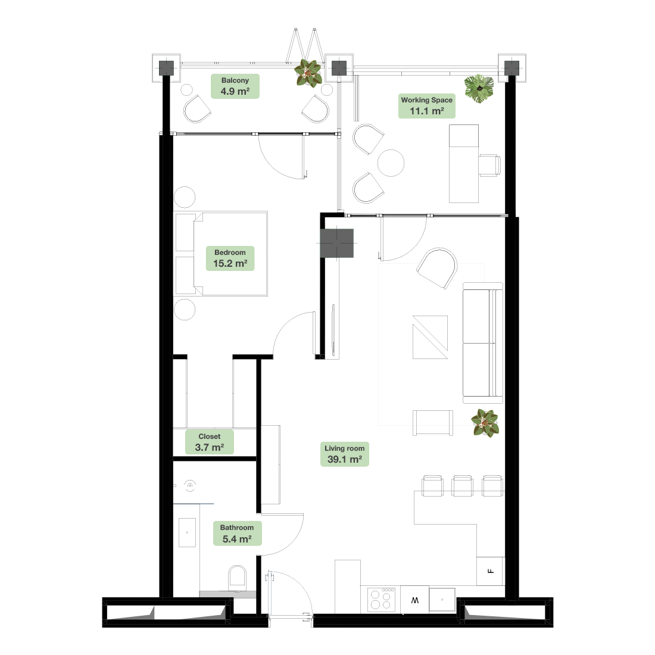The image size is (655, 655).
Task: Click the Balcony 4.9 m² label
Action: point(235,86)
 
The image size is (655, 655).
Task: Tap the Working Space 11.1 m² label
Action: point(426,105)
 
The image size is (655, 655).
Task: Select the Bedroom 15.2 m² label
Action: point(230,258)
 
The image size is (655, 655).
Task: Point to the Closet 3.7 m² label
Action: point(209,442)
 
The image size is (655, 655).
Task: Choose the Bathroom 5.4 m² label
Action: point(237,534)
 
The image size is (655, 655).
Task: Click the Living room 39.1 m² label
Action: point(345,454)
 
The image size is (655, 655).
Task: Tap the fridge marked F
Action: point(491,571)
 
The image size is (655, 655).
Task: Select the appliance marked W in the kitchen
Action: point(414,600)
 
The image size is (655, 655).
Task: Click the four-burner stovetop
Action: point(381,600)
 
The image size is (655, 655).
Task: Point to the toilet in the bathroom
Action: point(237,577)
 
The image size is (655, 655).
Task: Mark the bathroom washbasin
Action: point(187,532)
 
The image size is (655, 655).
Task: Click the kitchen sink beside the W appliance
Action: point(442,600)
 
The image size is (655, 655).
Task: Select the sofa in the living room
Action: point(483,343)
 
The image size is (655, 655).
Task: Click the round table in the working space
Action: point(391,163)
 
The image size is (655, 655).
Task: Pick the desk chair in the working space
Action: point(489,166)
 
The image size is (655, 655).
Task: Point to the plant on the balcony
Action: point(308,73)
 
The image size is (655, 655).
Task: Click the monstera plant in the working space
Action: point(479,89)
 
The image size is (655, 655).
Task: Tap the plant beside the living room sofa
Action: point(485,423)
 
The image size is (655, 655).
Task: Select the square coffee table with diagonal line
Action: point(431,337)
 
